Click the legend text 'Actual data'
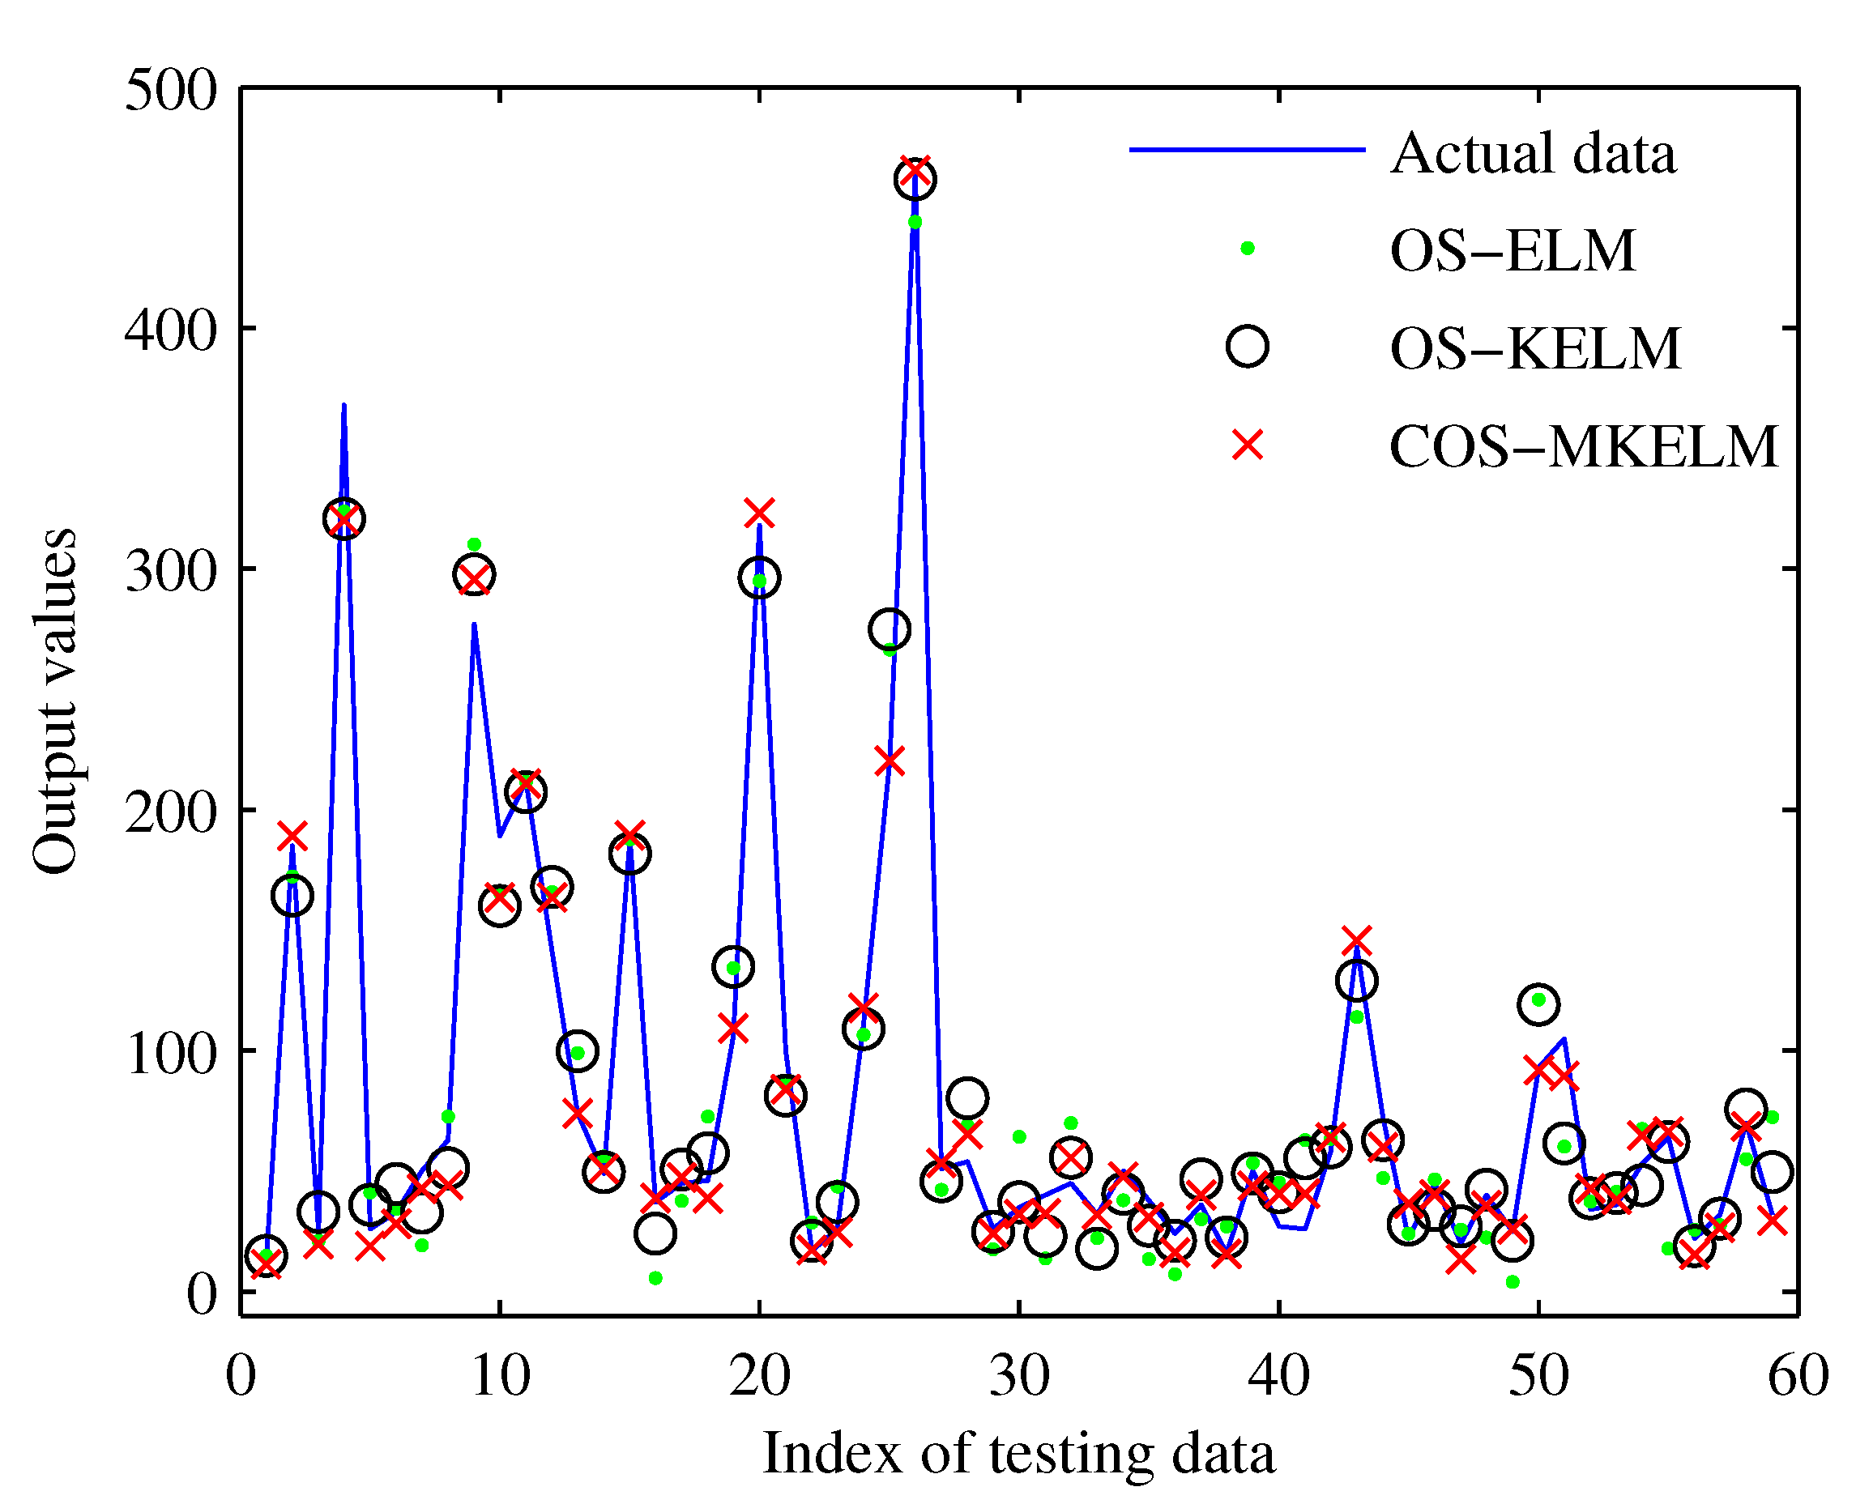(1533, 154)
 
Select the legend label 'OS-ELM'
(1513, 251)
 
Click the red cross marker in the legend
(1248, 445)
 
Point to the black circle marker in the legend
(1248, 347)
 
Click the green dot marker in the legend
(1248, 249)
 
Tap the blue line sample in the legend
(1248, 150)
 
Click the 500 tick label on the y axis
(171, 89)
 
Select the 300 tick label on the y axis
(171, 571)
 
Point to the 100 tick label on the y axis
(171, 1053)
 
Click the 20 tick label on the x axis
(760, 1375)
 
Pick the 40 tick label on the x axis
(1279, 1375)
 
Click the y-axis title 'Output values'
(54, 701)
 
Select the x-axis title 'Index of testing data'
(1019, 1453)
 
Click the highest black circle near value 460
(915, 180)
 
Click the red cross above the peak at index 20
(759, 513)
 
